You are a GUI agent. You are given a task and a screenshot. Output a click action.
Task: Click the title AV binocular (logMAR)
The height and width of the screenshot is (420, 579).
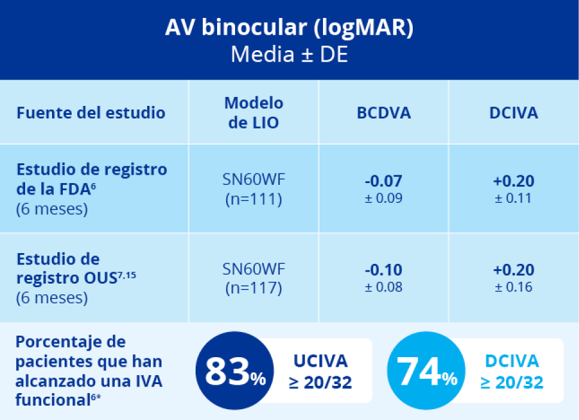pos(289,29)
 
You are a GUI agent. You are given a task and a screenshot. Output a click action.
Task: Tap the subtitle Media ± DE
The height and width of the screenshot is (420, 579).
pos(289,54)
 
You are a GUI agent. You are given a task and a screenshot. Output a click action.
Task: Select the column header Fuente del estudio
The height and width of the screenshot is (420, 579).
pos(91,112)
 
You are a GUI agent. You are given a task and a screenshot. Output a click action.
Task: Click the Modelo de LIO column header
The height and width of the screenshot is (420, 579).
pos(254,112)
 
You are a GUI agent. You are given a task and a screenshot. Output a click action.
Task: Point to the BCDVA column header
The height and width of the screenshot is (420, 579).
pos(384,112)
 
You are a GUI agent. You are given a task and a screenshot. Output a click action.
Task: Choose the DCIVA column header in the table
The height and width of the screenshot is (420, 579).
pos(513,112)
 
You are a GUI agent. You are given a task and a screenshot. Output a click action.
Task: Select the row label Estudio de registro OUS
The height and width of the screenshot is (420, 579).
pos(78,269)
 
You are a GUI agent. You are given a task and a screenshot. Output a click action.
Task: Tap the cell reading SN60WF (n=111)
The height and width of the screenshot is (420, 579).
pos(254,190)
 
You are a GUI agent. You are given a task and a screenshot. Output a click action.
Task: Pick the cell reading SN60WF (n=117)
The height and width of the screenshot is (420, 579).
pos(254,278)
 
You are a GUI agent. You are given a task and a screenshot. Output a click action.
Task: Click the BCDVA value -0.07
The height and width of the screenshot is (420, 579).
pos(384,181)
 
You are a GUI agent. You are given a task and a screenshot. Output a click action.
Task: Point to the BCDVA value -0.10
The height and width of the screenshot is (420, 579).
pos(384,270)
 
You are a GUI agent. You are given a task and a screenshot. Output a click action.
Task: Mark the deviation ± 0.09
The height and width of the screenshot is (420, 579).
pos(384,198)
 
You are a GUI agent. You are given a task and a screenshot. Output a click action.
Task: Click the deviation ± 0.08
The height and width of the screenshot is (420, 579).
pos(384,287)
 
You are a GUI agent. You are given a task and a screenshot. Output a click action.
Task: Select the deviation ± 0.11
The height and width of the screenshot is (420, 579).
pos(513,198)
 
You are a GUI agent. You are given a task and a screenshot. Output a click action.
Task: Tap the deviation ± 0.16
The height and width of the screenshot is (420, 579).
pos(513,287)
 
